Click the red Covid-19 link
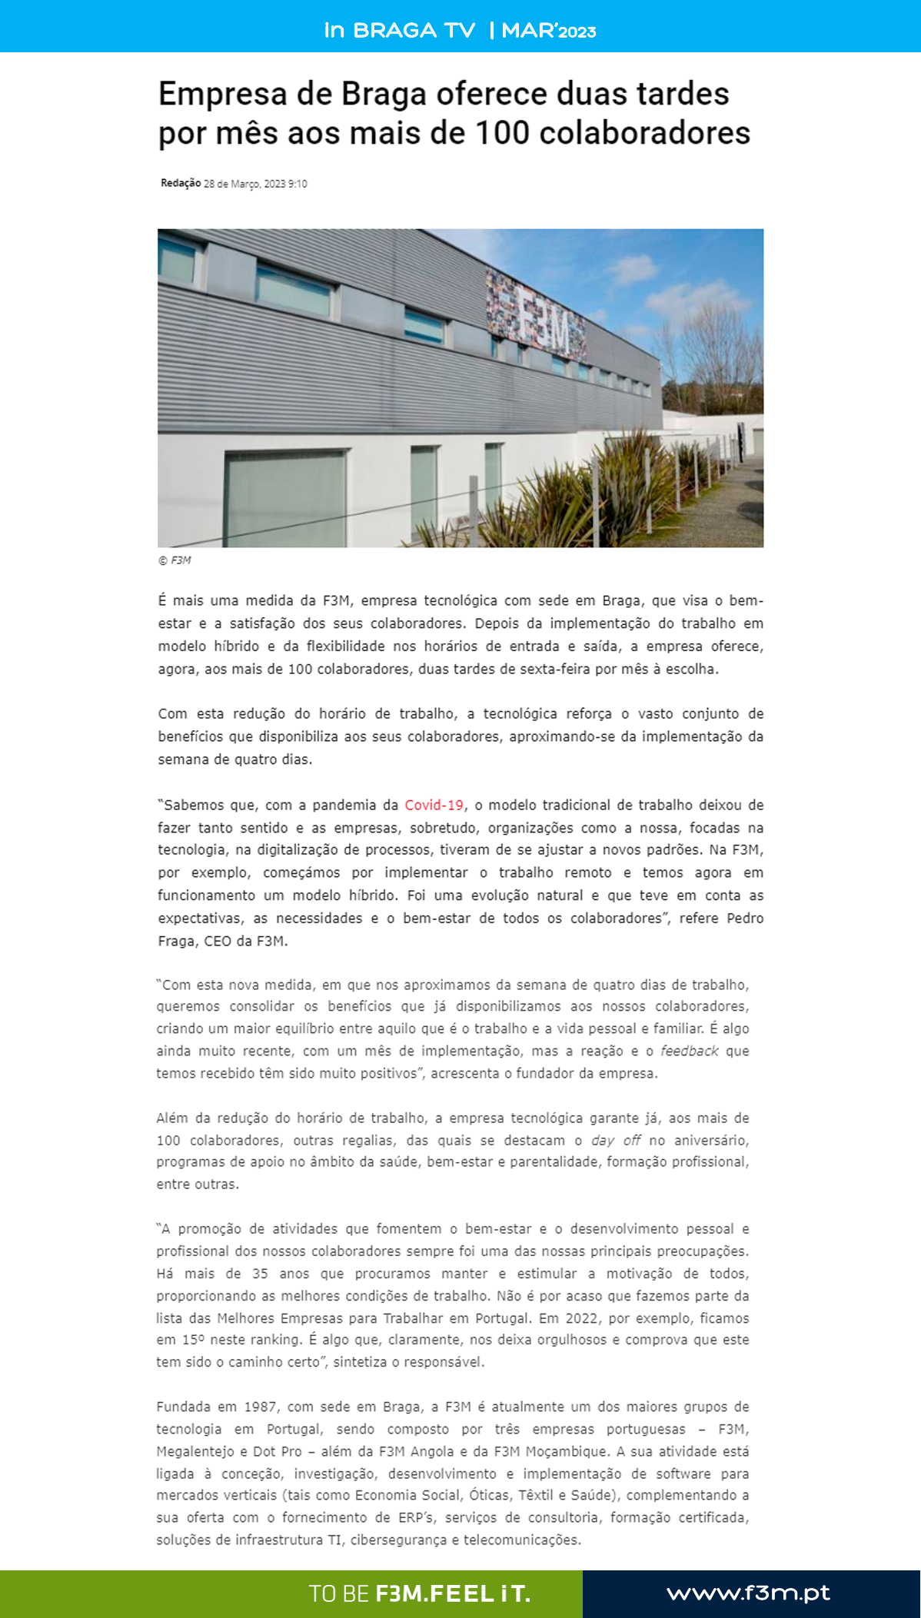(434, 805)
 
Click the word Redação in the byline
(180, 183)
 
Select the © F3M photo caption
(175, 560)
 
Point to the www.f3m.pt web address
(748, 1593)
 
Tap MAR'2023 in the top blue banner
(548, 31)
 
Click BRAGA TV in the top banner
(414, 31)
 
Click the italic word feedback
(689, 1051)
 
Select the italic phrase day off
(615, 1140)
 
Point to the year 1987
(260, 1407)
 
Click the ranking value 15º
(193, 1340)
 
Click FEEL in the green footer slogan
(461, 1594)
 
